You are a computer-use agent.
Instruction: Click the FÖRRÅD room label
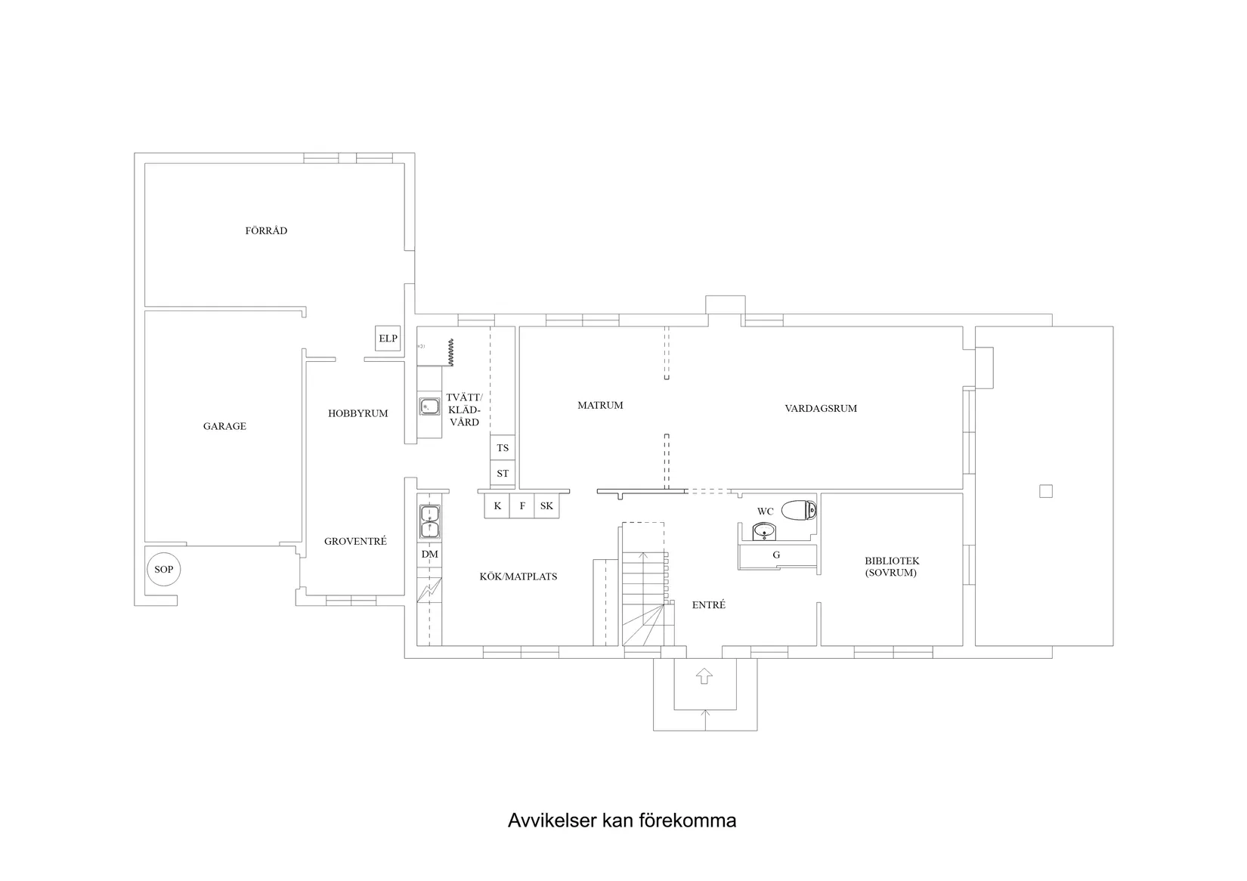pyautogui.click(x=266, y=230)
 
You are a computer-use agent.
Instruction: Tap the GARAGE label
pyautogui.click(x=224, y=426)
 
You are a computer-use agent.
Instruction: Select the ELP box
pyautogui.click(x=388, y=338)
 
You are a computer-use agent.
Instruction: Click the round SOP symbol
pyautogui.click(x=163, y=570)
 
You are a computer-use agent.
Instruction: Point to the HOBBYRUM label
pyautogui.click(x=357, y=413)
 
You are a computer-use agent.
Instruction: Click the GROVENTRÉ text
pyautogui.click(x=355, y=541)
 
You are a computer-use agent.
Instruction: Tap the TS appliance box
pyautogui.click(x=503, y=448)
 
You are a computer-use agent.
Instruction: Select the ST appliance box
pyautogui.click(x=503, y=474)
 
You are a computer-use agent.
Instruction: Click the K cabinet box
pyautogui.click(x=497, y=506)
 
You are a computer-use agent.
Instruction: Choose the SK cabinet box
pyautogui.click(x=546, y=506)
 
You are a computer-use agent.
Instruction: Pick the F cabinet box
pyautogui.click(x=522, y=506)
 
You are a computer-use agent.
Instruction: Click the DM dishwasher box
pyautogui.click(x=430, y=555)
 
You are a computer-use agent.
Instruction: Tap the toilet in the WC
pyautogui.click(x=798, y=511)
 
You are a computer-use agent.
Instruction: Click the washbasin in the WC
pyautogui.click(x=765, y=532)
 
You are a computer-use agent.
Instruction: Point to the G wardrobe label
pyautogui.click(x=776, y=555)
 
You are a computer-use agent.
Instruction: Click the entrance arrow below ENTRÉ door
pyautogui.click(x=704, y=675)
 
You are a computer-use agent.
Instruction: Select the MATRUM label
pyautogui.click(x=600, y=405)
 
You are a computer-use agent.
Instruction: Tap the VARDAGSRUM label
pyautogui.click(x=821, y=408)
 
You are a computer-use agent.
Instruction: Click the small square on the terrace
pyautogui.click(x=1046, y=491)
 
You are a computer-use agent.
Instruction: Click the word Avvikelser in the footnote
pyautogui.click(x=552, y=821)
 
